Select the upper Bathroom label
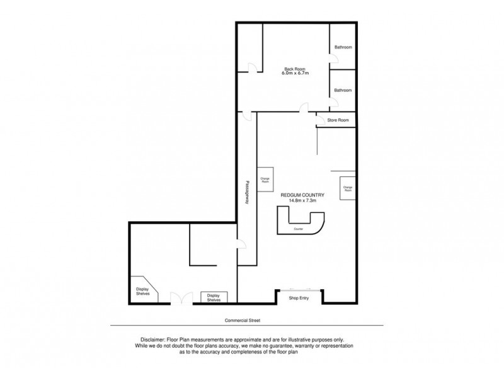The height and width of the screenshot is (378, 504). click(x=343, y=47)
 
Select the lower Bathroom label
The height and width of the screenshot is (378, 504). click(x=343, y=91)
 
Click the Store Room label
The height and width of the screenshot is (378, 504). click(x=338, y=120)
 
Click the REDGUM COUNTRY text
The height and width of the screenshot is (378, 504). click(x=302, y=195)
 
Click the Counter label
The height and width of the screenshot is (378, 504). click(x=299, y=229)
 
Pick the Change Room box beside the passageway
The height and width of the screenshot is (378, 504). click(x=265, y=180)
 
